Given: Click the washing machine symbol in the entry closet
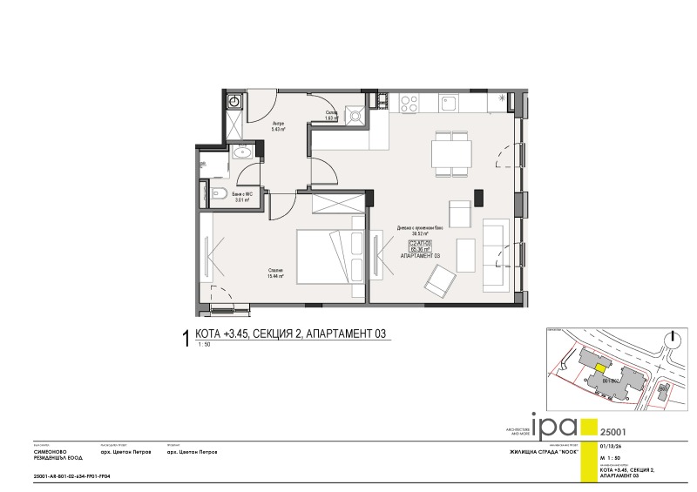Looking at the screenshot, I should [233, 102].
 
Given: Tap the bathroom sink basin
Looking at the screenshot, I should [243, 154].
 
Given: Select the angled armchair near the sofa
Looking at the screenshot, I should [441, 280].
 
